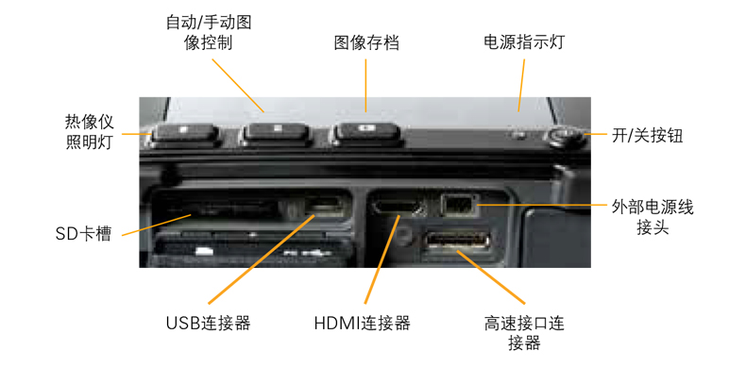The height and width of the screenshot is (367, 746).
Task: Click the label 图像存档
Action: pyautogui.click(x=365, y=43)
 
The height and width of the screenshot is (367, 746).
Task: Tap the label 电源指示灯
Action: pyautogui.click(x=524, y=42)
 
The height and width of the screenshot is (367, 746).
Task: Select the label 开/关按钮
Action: pyautogui.click(x=647, y=137)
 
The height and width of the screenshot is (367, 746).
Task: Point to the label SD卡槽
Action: pyautogui.click(x=83, y=234)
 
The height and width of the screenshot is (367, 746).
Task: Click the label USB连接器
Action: pyautogui.click(x=208, y=324)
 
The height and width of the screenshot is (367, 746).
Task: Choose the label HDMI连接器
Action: pyautogui.click(x=362, y=324)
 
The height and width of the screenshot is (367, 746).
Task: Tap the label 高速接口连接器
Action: pyautogui.click(x=524, y=333)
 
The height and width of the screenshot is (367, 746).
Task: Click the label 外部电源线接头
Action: pyautogui.click(x=653, y=217)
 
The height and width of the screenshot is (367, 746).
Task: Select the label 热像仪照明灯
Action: pyautogui.click(x=90, y=132)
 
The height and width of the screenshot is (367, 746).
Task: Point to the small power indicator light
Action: pyautogui.click(x=520, y=136)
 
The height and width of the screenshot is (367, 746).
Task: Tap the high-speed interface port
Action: pyautogui.click(x=457, y=240)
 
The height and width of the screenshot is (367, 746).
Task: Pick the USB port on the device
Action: pyautogui.click(x=323, y=207)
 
